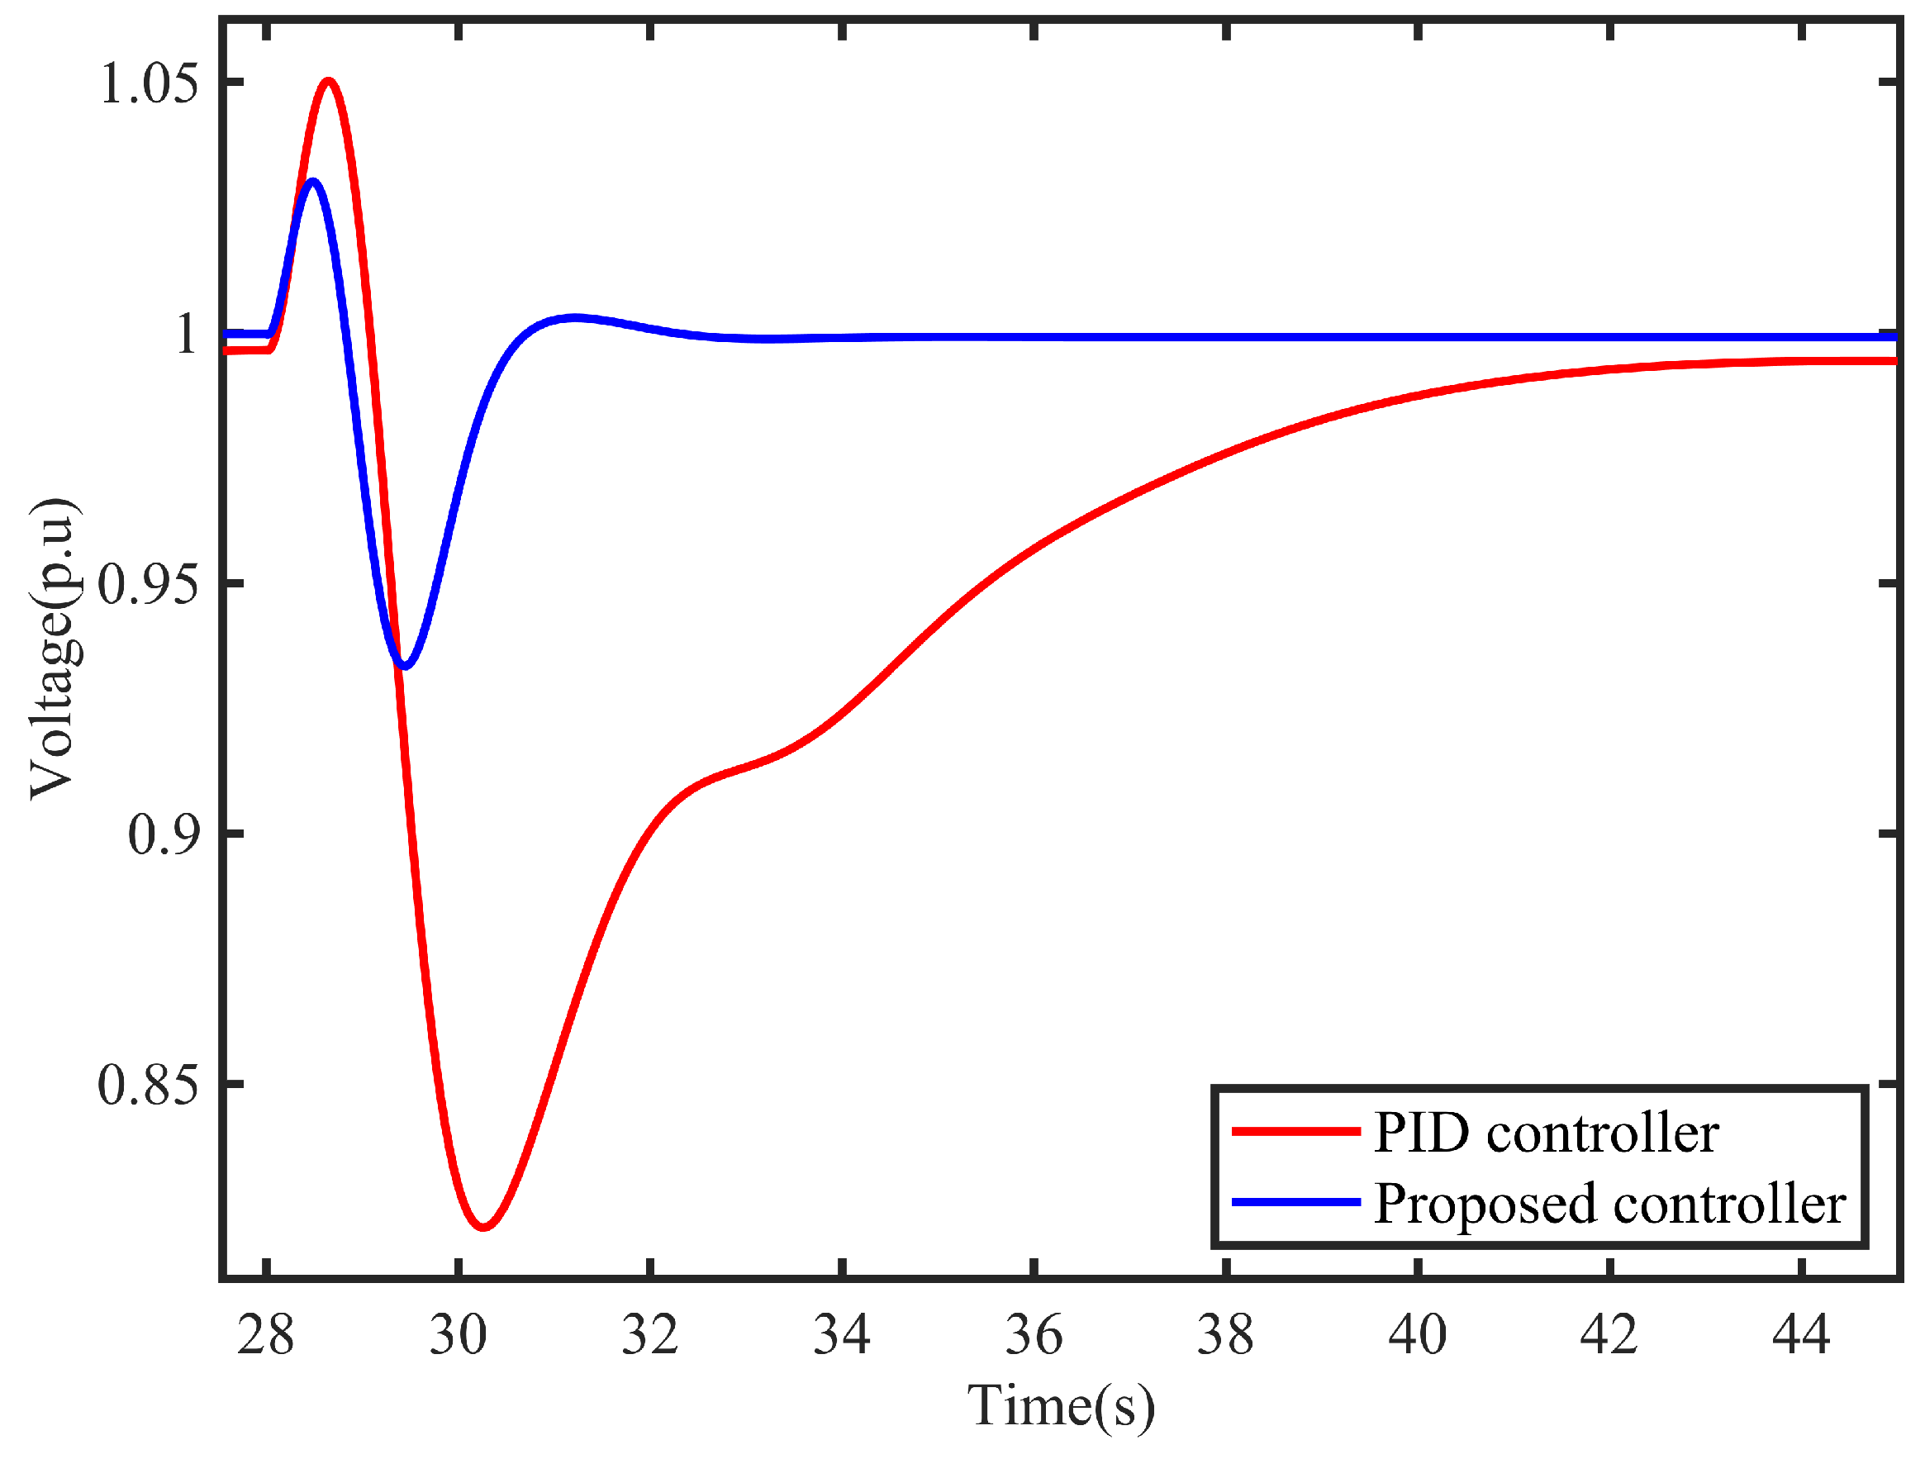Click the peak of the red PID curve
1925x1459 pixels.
pyautogui.click(x=328, y=83)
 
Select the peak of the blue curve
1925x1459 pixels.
pyautogui.click(x=312, y=182)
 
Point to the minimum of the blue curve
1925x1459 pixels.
pyautogui.click(x=405, y=666)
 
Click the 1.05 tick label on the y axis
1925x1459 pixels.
pyautogui.click(x=149, y=85)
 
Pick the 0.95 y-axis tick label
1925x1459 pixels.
pyautogui.click(x=149, y=584)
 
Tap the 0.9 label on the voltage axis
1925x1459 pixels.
pyautogui.click(x=164, y=834)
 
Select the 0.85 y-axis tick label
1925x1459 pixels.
pyautogui.click(x=149, y=1085)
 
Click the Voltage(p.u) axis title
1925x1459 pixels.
pyautogui.click(x=54, y=649)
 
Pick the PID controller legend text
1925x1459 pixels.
pyautogui.click(x=1546, y=1133)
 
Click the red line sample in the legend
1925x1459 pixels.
pyautogui.click(x=1295, y=1131)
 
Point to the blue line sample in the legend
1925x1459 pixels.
pyautogui.click(x=1295, y=1202)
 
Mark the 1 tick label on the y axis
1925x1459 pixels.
pyautogui.click(x=186, y=334)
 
